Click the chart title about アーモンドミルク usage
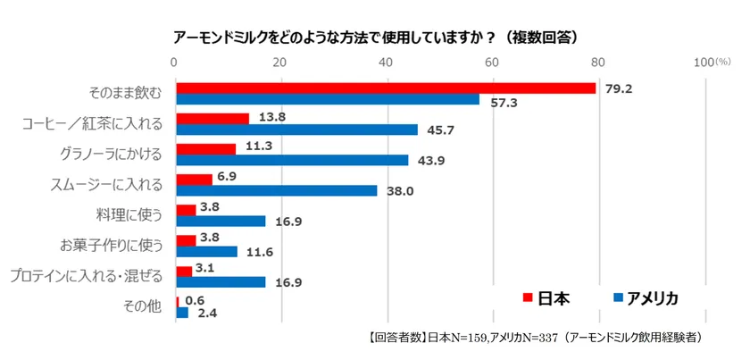[374, 37]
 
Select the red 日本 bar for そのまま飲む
[386, 88]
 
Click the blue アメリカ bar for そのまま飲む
[328, 99]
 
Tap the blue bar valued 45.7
[296, 130]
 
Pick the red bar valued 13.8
[212, 118]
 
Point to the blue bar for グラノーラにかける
[292, 160]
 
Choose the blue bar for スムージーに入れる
[277, 190]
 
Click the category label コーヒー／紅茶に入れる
[92, 124]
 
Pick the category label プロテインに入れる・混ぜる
[85, 276]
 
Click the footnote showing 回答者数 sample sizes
[533, 338]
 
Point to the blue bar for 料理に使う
[221, 221]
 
